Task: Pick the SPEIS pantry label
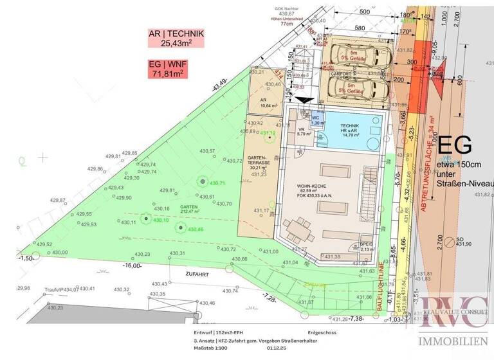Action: [366, 246]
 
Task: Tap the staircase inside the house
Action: [371, 187]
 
